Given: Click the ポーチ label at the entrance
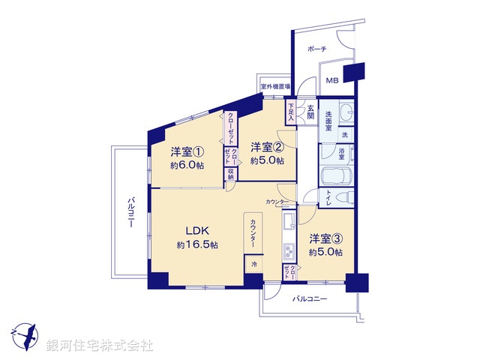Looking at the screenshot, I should pyautogui.click(x=317, y=48).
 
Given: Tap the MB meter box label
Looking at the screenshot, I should pyautogui.click(x=331, y=81).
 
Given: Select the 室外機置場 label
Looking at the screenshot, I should pyautogui.click(x=275, y=87).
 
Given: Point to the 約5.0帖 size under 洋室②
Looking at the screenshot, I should pyautogui.click(x=268, y=160).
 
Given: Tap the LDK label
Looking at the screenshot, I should pyautogui.click(x=197, y=230).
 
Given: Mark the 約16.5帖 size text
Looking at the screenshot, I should pyautogui.click(x=197, y=245).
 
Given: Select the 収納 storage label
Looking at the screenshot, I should pyautogui.click(x=231, y=175).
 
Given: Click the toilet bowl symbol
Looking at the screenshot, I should pyautogui.click(x=346, y=199).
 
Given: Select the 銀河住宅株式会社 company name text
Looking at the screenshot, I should pyautogui.click(x=99, y=346).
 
